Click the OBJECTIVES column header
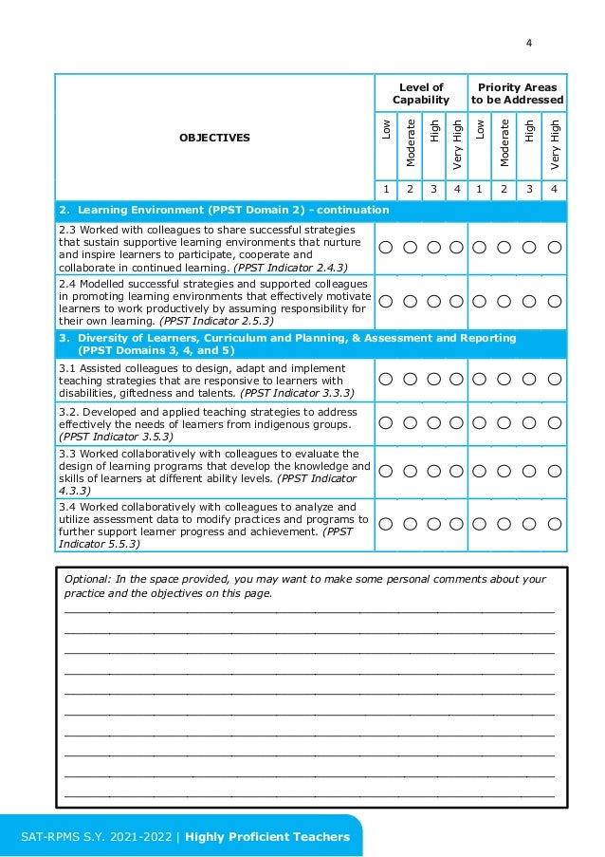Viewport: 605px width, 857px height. coord(214,138)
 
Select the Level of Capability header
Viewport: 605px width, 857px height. coord(421,94)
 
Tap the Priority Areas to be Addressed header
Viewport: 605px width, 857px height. coord(518,94)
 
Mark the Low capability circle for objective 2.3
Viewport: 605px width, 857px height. coord(386,248)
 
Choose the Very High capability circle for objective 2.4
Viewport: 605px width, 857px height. coord(456,301)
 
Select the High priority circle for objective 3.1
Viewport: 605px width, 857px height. coord(530,378)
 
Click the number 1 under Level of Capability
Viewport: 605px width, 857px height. coord(386,189)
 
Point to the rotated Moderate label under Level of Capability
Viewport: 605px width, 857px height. coord(410,142)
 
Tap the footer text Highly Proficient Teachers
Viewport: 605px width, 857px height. coord(267,836)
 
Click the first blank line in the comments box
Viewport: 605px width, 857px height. coord(308,612)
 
